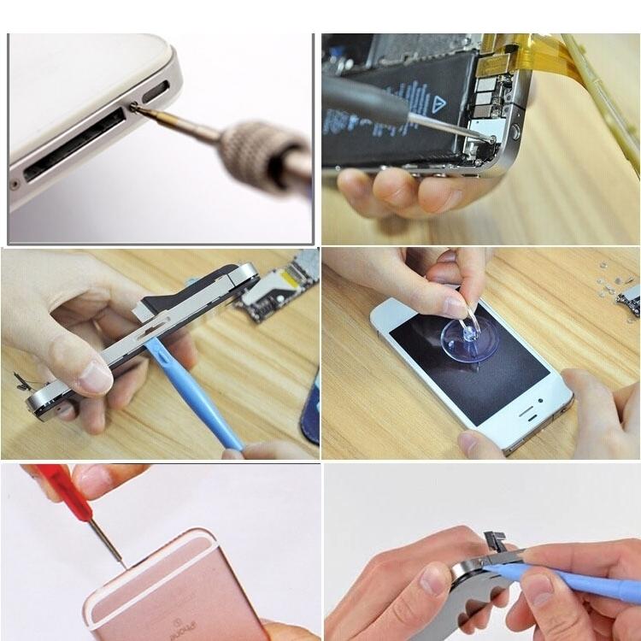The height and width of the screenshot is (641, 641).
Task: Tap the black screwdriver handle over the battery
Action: pyautogui.click(x=363, y=93)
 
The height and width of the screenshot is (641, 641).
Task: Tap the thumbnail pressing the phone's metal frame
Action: pyautogui.click(x=95, y=377)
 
